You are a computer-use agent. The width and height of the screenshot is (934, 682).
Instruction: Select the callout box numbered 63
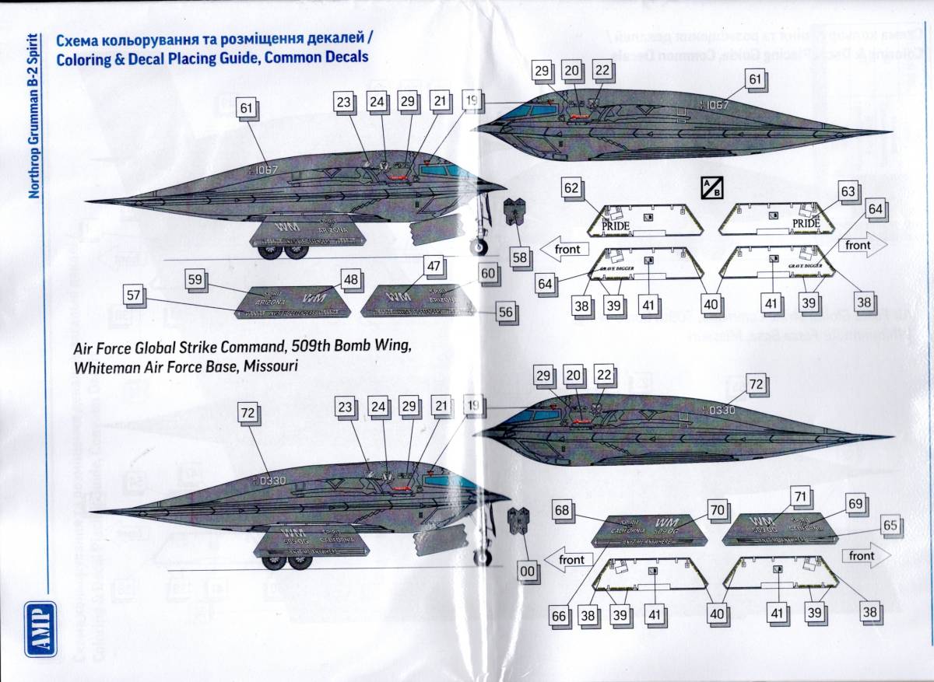click(x=848, y=191)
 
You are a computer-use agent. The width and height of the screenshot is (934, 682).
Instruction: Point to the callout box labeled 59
click(x=195, y=279)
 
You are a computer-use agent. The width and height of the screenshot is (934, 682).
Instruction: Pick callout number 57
click(x=133, y=295)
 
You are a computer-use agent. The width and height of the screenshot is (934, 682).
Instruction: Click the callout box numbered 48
click(x=350, y=279)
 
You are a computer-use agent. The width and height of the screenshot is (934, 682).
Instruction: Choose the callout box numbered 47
click(x=434, y=265)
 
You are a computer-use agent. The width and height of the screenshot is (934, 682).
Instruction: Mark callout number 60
click(x=487, y=275)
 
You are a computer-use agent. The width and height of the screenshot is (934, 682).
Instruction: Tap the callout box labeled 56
click(x=507, y=312)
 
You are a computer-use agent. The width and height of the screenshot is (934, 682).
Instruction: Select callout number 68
click(x=563, y=510)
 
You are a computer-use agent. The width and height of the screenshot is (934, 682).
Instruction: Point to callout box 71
click(x=799, y=495)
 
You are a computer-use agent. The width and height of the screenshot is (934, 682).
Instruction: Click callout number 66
click(x=559, y=616)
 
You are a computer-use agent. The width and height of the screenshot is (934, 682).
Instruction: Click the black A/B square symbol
click(x=708, y=188)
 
